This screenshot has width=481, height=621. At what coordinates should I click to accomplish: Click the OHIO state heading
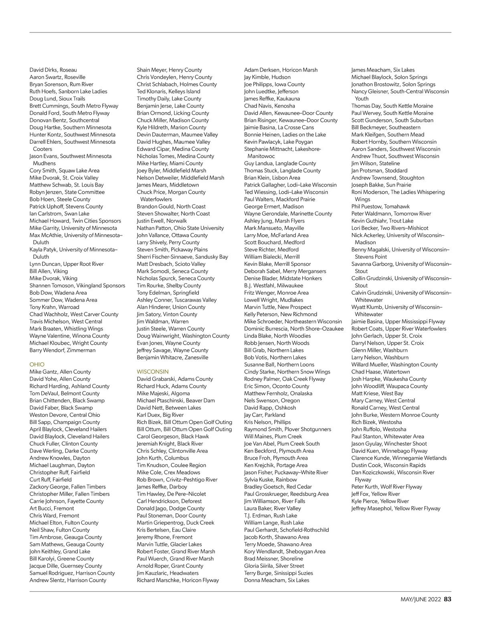[37, 365]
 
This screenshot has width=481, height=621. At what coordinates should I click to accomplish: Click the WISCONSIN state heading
[153, 372]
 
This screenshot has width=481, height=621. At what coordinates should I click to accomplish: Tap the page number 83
[448, 599]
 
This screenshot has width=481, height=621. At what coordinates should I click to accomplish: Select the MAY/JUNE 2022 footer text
[420, 599]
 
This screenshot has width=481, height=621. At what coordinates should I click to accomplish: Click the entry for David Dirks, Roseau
[53, 70]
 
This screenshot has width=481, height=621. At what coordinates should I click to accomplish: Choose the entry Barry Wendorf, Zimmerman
[63, 350]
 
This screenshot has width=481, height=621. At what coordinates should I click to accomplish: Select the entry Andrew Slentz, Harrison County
[68, 580]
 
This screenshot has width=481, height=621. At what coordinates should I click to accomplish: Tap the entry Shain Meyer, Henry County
[169, 70]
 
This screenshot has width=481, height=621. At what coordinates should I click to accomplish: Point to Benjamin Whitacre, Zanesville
[172, 358]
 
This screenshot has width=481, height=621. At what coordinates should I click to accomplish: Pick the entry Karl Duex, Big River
[160, 415]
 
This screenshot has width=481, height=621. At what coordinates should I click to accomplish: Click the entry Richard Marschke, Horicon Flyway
[178, 580]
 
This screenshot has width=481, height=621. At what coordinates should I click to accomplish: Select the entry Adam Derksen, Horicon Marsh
[281, 70]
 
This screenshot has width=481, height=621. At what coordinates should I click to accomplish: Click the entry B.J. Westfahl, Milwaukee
[273, 286]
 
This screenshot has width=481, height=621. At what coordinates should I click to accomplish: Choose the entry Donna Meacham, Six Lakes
[277, 580]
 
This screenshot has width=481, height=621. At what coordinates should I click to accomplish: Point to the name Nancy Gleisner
[370, 92]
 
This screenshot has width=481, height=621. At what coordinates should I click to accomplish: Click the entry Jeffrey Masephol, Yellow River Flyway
[396, 508]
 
